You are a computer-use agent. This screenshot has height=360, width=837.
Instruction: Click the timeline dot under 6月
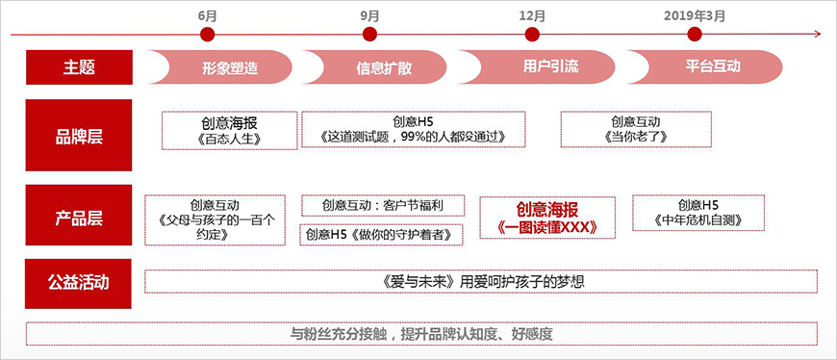207,35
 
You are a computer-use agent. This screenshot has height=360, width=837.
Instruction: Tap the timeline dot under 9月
370,35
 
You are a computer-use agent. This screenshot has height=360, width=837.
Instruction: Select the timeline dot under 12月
532,35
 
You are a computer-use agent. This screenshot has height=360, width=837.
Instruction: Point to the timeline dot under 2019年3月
695,35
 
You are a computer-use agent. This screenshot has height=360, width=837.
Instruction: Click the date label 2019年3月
695,15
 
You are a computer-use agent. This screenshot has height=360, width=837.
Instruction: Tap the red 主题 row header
79,67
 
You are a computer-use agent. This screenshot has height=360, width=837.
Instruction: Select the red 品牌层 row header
79,134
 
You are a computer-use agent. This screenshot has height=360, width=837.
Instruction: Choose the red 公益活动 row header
79,282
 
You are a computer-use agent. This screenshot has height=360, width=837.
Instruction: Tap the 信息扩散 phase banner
383,67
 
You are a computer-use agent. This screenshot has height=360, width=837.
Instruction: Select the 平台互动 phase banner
710,67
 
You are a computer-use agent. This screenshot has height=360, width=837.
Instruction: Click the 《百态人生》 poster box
230,130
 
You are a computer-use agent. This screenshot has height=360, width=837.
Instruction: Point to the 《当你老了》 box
636,129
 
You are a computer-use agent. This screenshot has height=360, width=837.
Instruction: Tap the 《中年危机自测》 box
698,213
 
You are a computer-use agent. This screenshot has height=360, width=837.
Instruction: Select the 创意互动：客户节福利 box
382,205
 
